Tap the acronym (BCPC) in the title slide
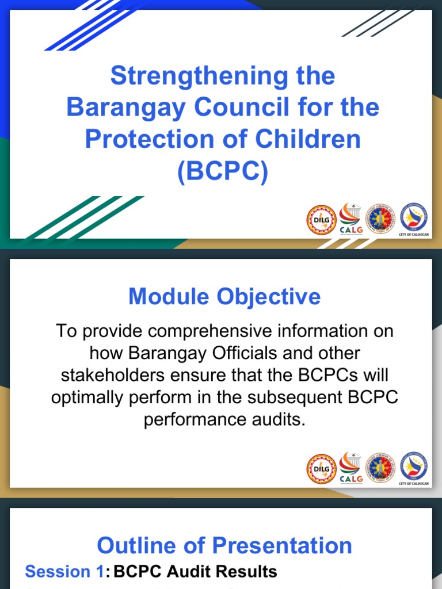tap(223, 171)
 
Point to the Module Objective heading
tap(224, 297)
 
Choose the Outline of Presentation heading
tap(224, 545)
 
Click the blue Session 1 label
tap(64, 571)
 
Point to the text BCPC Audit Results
tap(196, 571)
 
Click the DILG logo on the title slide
tap(321, 221)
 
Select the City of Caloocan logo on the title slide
tap(414, 220)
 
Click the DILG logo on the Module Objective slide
tap(321, 469)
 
